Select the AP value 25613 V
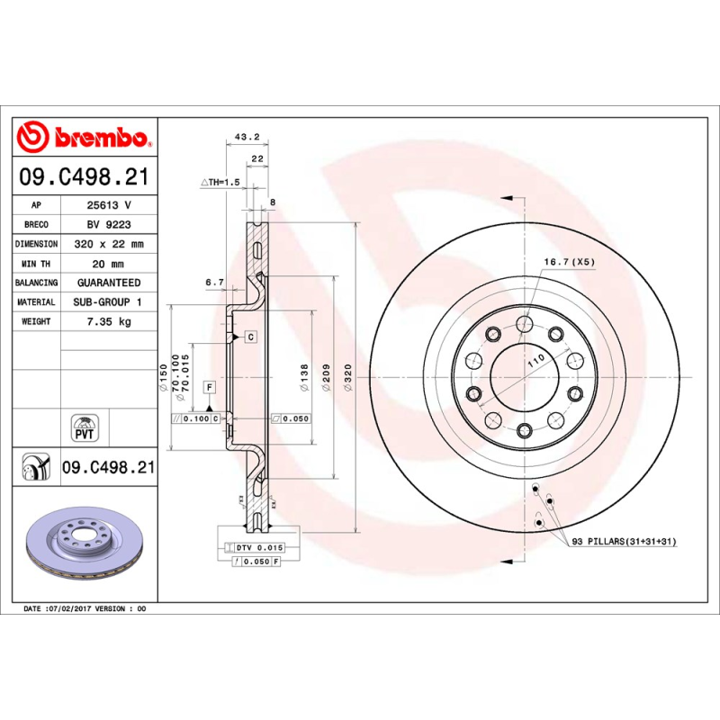108,205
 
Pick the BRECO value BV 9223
108,224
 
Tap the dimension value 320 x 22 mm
108,244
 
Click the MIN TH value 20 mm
108,264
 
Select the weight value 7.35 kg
108,321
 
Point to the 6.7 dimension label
214,283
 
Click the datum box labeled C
250,337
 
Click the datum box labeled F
209,387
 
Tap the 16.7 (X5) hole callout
568,262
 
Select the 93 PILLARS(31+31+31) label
625,541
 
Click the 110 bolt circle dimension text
536,359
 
